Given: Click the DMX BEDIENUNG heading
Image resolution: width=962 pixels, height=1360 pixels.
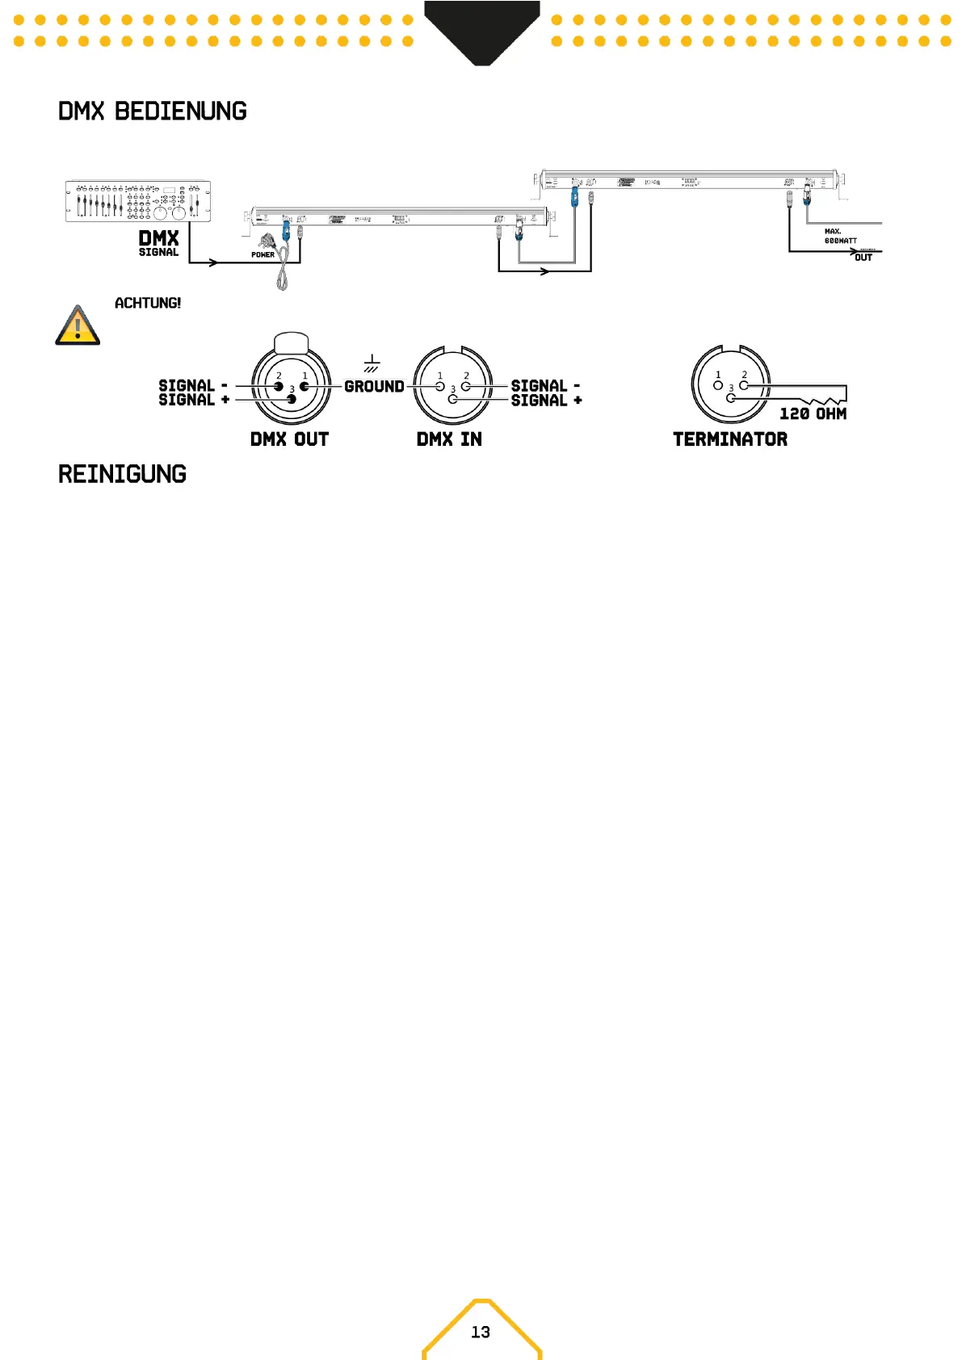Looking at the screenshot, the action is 152,111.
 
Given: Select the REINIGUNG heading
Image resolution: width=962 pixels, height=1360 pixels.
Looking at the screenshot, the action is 122,474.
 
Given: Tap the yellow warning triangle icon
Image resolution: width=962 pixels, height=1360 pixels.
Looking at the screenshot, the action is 78,326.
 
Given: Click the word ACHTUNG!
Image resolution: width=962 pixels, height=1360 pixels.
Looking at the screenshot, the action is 148,304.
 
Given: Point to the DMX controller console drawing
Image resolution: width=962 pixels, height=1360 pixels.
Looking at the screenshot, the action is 138,201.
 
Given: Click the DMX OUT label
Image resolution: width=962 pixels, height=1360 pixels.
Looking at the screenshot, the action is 289,439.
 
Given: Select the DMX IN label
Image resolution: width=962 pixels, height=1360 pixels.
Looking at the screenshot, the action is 449,439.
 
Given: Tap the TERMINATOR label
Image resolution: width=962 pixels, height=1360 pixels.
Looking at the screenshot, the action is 730,439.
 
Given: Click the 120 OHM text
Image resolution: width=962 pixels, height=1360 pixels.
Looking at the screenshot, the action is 813,413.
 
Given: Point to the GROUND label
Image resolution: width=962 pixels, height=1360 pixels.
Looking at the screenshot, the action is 374,387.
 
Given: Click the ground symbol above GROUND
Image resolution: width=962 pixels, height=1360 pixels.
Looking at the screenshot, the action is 372,363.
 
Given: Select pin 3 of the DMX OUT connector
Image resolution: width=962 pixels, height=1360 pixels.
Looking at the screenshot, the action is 292,399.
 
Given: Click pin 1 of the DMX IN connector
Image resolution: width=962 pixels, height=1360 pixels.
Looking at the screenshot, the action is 440,386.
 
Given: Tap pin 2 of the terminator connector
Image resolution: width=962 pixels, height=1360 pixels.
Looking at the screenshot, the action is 744,385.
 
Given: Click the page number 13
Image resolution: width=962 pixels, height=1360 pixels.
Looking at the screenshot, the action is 481,1333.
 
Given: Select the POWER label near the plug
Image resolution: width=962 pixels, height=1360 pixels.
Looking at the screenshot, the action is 263,255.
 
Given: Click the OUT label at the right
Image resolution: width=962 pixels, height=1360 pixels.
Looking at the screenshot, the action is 863,258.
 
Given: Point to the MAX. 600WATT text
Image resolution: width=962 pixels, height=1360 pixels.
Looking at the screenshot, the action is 840,236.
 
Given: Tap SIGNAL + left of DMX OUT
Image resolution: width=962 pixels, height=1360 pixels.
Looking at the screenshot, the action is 194,400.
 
